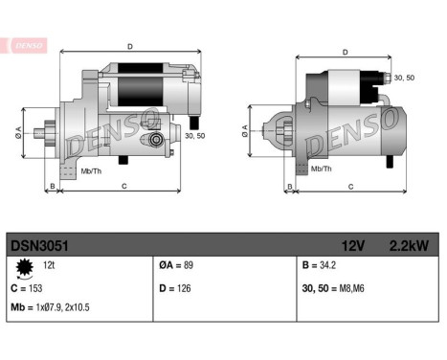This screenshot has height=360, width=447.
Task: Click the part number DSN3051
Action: coord(38,245)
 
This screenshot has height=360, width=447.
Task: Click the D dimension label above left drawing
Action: coord(129,45)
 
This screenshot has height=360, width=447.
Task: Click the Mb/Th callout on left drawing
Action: coord(92,170)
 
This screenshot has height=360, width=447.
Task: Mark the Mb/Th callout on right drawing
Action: coord(323,169)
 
